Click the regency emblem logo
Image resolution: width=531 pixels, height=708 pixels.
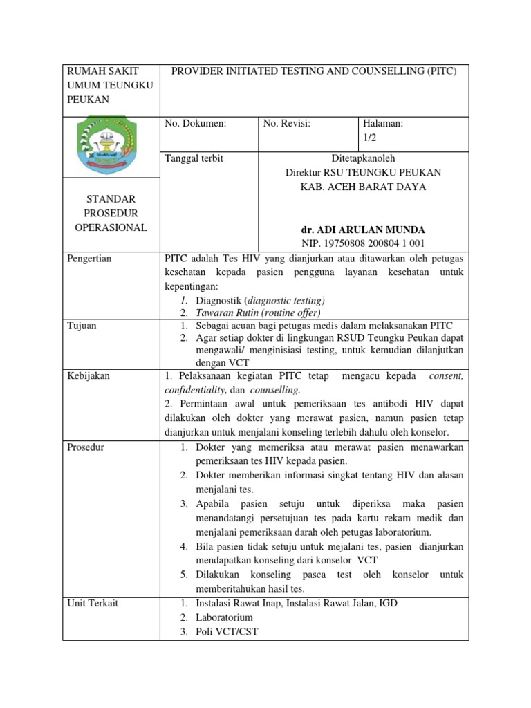(111, 146)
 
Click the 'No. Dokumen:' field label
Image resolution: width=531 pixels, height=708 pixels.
(196, 124)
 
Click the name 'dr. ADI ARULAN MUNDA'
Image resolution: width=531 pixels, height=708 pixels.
(363, 230)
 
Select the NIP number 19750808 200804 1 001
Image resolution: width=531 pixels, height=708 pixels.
(363, 243)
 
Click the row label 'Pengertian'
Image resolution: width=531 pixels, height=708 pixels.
(90, 259)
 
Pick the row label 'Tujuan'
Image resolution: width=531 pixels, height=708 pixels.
(82, 325)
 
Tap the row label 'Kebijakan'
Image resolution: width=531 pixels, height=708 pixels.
(89, 376)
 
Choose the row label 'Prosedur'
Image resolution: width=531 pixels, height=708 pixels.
(86, 447)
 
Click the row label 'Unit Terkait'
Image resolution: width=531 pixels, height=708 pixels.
(93, 603)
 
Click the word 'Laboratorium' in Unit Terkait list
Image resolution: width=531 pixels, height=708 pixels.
(224, 617)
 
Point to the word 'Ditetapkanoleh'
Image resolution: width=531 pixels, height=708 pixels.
(363, 159)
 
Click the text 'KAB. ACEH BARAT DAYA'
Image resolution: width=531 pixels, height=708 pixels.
(363, 187)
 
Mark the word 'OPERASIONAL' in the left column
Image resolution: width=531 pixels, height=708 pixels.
(111, 227)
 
